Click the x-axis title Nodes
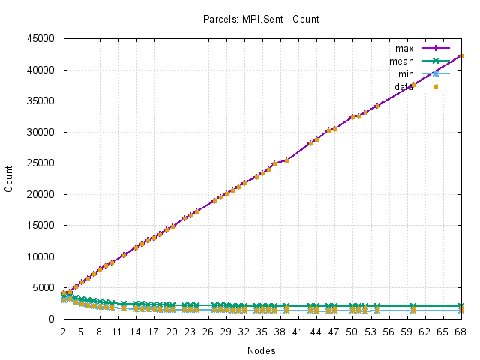coord(262,350)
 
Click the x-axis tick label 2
coord(64,330)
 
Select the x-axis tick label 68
coord(461,330)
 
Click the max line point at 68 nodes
coord(461,56)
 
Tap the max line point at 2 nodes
coord(64,293)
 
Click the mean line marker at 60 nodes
coord(413,306)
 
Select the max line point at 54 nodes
coord(377,106)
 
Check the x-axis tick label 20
coord(172,330)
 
